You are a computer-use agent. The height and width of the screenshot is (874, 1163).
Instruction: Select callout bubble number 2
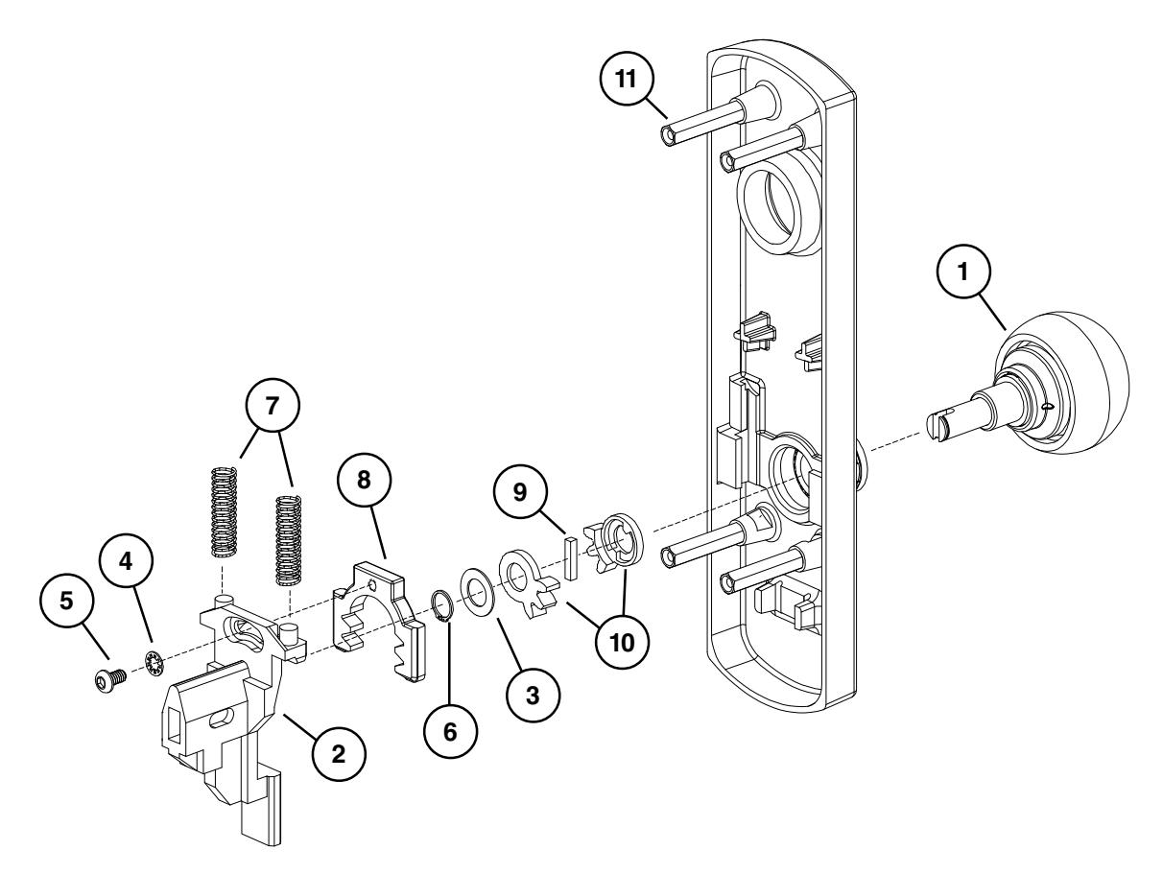pyautogui.click(x=338, y=754)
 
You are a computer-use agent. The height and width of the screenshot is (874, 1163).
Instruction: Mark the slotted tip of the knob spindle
pyautogui.click(x=938, y=423)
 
